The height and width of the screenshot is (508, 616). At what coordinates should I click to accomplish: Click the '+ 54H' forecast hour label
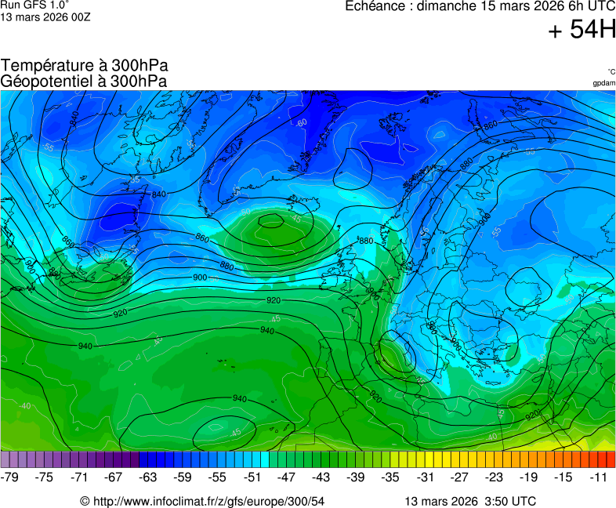[582, 31]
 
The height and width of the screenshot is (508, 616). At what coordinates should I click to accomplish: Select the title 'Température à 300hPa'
[85, 66]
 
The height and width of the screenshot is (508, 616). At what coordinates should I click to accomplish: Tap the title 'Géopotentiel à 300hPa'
[84, 81]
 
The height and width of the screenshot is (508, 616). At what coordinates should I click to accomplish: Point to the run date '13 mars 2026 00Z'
[45, 16]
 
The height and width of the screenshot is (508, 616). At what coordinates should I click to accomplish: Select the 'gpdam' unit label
[603, 82]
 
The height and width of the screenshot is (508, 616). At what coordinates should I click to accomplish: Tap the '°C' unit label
[611, 71]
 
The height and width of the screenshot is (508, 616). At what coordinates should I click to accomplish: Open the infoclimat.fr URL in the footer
[202, 501]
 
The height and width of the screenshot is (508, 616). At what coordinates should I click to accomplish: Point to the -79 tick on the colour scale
[10, 476]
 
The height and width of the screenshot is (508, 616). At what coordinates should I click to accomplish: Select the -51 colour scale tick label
[252, 476]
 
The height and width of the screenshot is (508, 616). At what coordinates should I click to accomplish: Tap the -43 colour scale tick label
[321, 476]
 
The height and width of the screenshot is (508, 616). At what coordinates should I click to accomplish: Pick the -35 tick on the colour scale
[390, 476]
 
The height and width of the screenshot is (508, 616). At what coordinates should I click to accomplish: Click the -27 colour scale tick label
[459, 476]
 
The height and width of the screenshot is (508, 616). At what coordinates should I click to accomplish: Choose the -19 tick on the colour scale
[528, 476]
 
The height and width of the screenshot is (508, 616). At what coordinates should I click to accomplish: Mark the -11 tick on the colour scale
[597, 476]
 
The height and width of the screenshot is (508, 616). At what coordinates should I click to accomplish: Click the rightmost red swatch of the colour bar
[611, 459]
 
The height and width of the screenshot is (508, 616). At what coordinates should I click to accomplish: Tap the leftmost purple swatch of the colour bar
[5, 459]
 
